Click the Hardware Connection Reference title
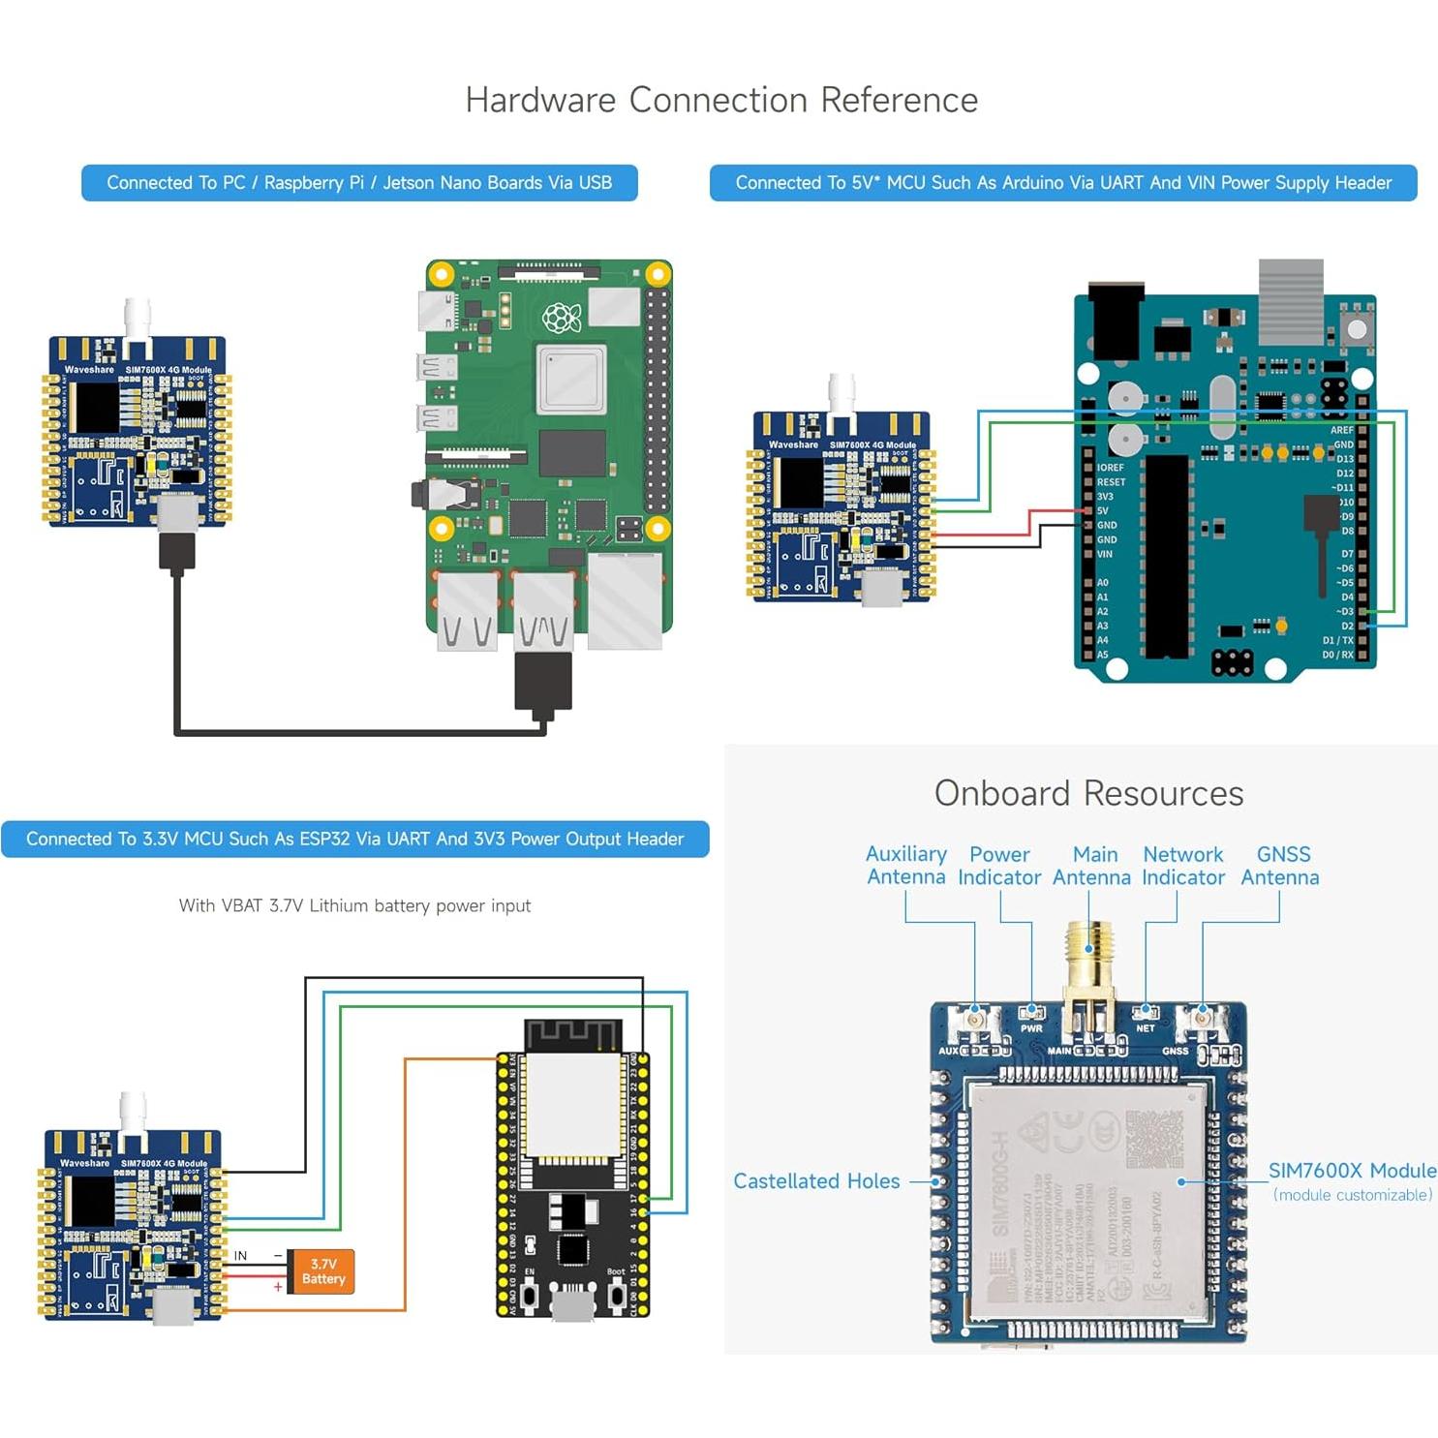[x=721, y=100]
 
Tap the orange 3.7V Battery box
[x=322, y=1271]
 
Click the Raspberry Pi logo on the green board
[x=561, y=317]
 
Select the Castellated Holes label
[x=816, y=1180]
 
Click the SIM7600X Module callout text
[x=1352, y=1171]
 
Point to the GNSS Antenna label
[x=1280, y=866]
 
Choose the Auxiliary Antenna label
[x=905, y=866]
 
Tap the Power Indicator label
[x=999, y=866]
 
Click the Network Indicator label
[x=1182, y=866]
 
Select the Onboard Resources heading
[x=1088, y=793]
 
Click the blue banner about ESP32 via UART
[x=354, y=839]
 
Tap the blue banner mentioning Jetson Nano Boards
[x=359, y=182]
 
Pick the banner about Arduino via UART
[x=1062, y=182]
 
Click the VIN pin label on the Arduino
[x=1104, y=554]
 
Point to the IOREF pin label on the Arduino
[x=1110, y=467]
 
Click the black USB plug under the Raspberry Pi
[x=542, y=683]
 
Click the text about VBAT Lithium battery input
[x=354, y=905]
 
